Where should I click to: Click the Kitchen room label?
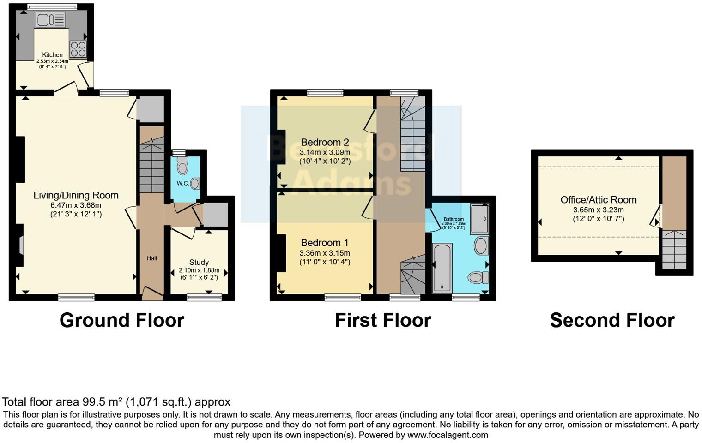click(52, 54)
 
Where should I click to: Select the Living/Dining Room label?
click(76, 195)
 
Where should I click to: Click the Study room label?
click(199, 262)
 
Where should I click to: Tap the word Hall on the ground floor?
click(151, 258)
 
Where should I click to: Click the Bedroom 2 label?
click(325, 142)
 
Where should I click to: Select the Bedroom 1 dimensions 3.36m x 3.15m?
click(325, 253)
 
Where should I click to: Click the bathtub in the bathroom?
click(442, 268)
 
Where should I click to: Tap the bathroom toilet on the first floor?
click(478, 277)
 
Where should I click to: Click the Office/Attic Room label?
click(598, 200)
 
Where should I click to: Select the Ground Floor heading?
click(122, 320)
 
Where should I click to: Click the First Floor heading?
click(383, 320)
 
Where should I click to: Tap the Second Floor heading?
click(612, 320)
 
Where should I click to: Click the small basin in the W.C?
click(195, 184)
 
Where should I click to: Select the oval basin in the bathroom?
click(481, 245)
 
